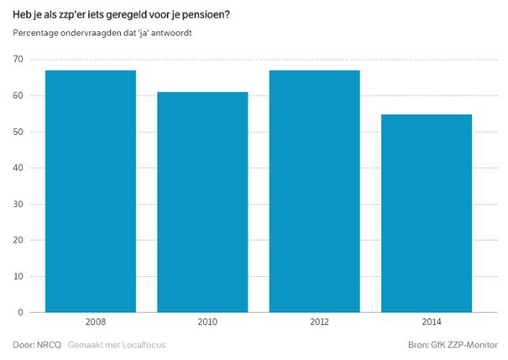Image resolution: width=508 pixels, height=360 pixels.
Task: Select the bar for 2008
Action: (x=91, y=191)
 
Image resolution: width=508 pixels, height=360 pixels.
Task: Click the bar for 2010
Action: (x=203, y=202)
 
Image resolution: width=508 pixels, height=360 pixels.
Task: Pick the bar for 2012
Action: (x=315, y=191)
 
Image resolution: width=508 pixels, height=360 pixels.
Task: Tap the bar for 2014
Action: (x=427, y=213)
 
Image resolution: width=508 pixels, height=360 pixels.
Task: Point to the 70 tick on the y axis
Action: (x=18, y=60)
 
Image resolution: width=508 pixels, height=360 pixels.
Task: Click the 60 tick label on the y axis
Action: (x=18, y=96)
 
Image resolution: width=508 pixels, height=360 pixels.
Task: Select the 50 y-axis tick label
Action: (x=18, y=132)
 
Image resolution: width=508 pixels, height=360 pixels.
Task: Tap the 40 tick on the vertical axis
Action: (x=18, y=168)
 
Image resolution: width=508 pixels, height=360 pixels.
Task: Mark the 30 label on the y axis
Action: (x=18, y=204)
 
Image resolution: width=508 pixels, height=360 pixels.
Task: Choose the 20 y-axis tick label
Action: (x=18, y=240)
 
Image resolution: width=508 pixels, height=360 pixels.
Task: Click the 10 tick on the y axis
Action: (x=18, y=276)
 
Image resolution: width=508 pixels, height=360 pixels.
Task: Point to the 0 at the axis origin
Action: (x=21, y=312)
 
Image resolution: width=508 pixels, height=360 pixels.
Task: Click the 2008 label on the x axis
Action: (x=96, y=321)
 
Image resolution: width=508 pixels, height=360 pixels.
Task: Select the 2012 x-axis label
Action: (x=319, y=321)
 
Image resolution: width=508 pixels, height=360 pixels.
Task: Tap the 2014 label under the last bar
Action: (x=432, y=321)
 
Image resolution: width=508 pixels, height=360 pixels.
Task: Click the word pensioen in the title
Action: (x=203, y=15)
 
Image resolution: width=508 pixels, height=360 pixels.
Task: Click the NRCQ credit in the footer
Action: (x=49, y=345)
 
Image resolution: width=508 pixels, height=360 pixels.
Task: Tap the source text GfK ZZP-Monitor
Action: (x=464, y=345)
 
